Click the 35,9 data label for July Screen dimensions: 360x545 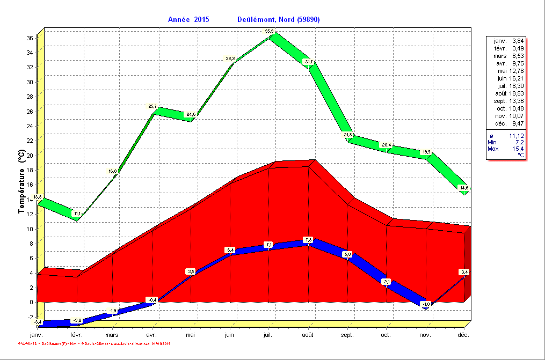270,32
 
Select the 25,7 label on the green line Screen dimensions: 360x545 152,107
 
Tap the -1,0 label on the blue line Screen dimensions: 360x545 426,304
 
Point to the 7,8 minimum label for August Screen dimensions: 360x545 308,239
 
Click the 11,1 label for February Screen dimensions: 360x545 77,214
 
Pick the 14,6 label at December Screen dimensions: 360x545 464,188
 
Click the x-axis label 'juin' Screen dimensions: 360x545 230,335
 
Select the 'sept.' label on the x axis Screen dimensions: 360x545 347,335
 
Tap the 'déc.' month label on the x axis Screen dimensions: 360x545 464,335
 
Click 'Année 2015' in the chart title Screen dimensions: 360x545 188,19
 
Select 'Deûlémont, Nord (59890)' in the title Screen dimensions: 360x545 279,19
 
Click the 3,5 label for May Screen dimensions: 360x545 191,271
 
